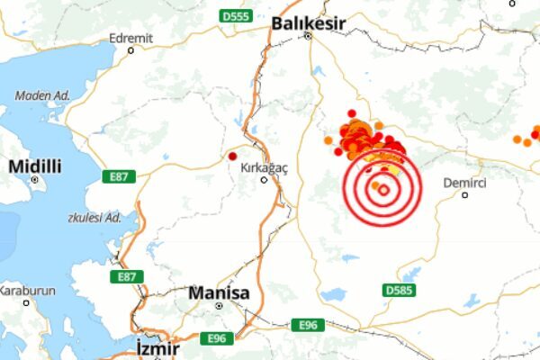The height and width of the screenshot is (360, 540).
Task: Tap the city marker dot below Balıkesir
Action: (x=307, y=37)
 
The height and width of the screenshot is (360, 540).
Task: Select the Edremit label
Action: (x=131, y=38)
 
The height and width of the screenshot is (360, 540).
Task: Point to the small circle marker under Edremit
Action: (x=131, y=50)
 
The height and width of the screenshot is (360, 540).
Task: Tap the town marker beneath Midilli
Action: (x=35, y=179)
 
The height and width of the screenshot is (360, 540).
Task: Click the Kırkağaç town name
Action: (x=265, y=167)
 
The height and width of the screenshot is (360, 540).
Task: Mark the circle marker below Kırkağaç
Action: (x=264, y=179)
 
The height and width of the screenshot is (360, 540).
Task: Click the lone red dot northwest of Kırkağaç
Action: (x=233, y=156)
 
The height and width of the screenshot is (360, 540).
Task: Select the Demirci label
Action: (x=465, y=183)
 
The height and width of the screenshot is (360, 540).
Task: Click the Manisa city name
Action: (x=218, y=292)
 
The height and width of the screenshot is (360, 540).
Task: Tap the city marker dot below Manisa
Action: (x=218, y=306)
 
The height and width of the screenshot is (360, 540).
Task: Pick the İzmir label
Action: (x=157, y=347)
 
